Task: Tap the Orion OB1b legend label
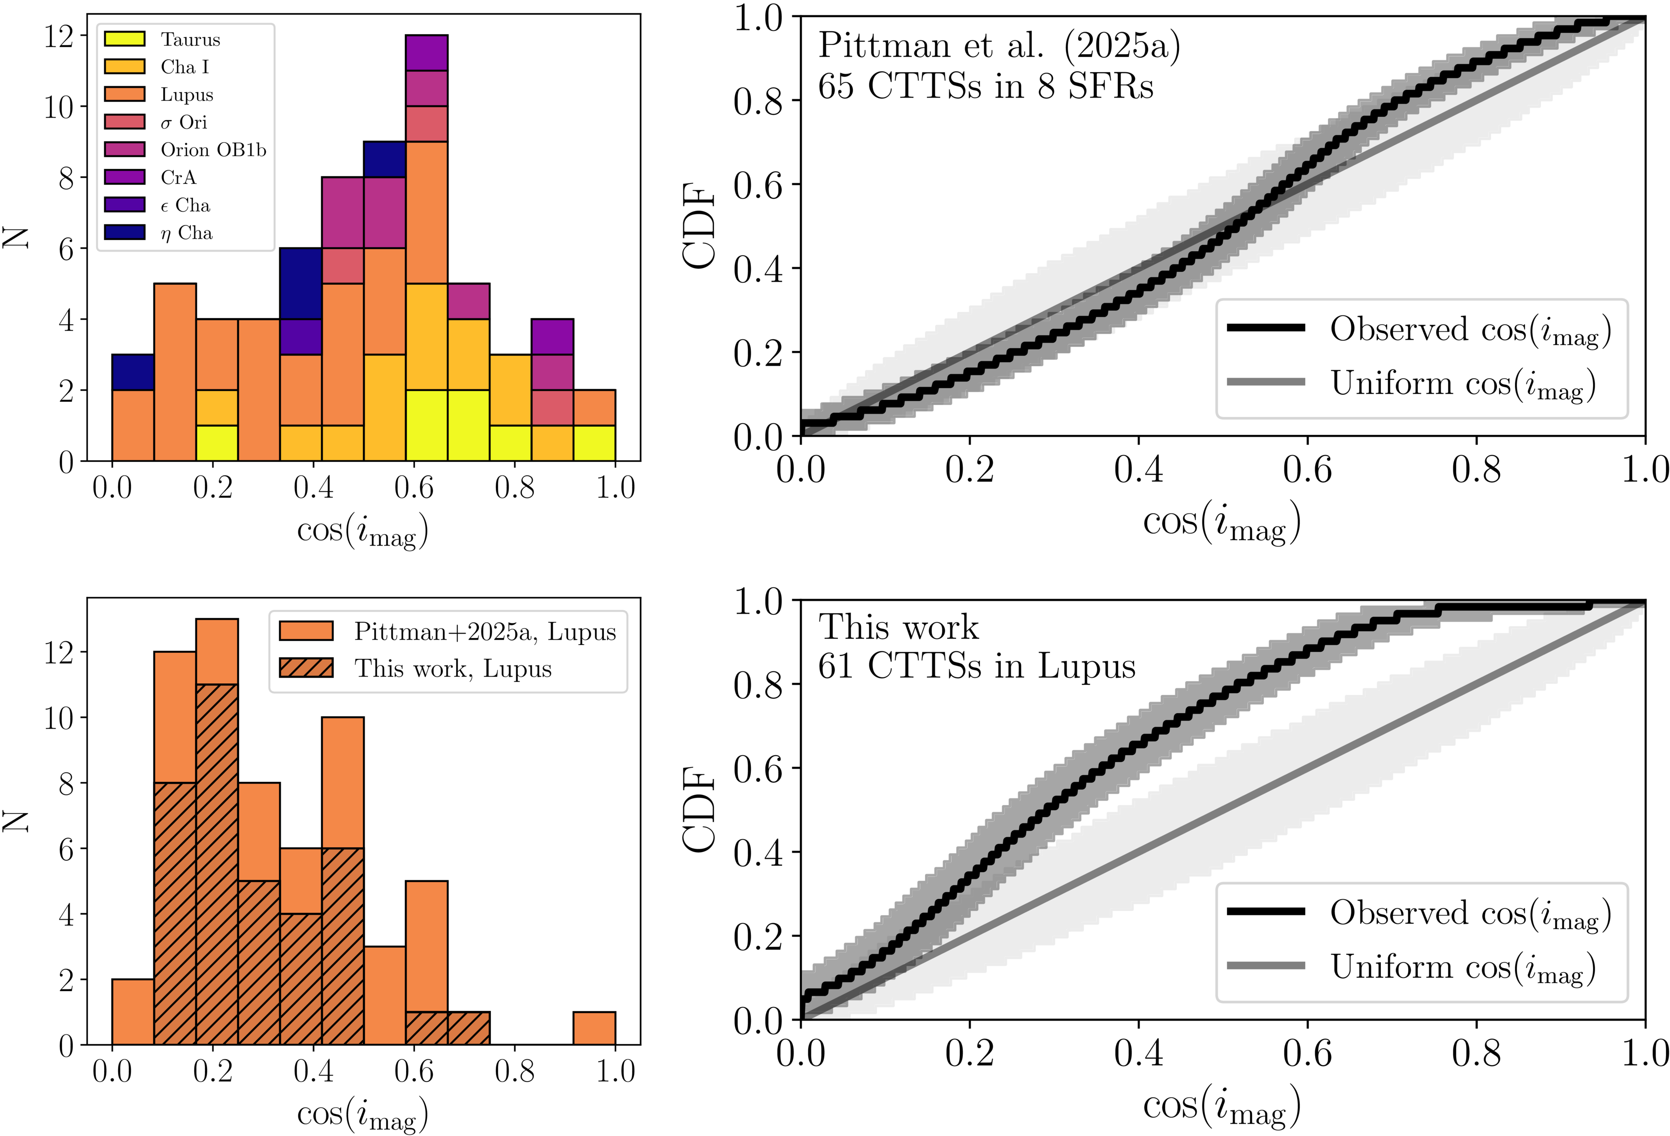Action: [213, 150]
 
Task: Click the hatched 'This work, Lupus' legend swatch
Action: [305, 668]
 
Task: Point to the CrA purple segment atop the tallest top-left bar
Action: [426, 53]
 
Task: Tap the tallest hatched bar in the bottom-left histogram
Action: [216, 863]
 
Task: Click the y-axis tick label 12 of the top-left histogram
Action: [60, 36]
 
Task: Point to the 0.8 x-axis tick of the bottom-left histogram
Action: [514, 1072]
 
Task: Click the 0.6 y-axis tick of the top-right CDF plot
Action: [758, 185]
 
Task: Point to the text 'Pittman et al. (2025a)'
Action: [999, 46]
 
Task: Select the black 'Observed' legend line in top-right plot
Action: [1266, 328]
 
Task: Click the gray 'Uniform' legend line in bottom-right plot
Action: [1266, 966]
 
